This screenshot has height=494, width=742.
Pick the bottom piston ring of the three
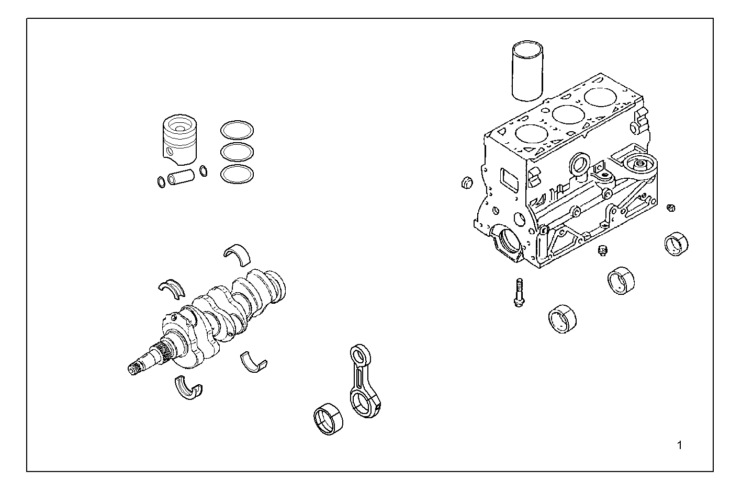(237, 175)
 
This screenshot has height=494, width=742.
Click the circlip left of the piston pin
(161, 182)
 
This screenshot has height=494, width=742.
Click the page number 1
(679, 445)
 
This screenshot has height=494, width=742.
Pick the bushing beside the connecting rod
(327, 419)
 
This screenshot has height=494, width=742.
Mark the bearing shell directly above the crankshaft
(237, 252)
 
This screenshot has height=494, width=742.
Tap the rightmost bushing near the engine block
(676, 243)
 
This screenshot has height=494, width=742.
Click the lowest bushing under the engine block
(562, 318)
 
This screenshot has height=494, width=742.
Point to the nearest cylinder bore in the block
(531, 133)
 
